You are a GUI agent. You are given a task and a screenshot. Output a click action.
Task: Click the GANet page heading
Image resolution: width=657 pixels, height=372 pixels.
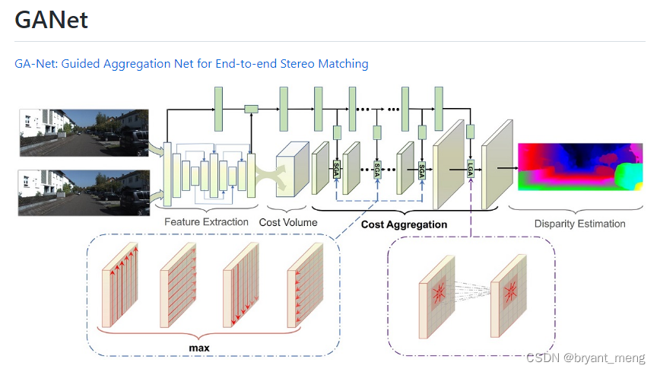[52, 21]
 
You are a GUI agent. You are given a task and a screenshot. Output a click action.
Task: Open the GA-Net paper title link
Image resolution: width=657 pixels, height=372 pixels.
[192, 64]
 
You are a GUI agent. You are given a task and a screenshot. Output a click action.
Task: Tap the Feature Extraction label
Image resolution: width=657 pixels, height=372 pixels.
[206, 222]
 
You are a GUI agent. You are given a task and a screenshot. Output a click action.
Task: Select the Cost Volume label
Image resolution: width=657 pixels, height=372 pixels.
[288, 222]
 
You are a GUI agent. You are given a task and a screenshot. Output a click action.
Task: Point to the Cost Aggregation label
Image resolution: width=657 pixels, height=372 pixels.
[404, 224]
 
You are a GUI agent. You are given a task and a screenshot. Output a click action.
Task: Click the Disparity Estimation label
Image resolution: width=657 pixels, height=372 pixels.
[579, 224]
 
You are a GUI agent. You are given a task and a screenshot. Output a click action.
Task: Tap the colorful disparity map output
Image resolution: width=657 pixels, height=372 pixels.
[579, 167]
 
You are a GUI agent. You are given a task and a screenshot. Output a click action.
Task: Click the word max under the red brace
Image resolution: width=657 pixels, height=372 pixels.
[198, 348]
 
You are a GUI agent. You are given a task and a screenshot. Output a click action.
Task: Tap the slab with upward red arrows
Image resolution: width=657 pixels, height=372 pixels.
[121, 286]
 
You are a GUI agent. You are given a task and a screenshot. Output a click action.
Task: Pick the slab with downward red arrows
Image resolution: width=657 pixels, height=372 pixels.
[242, 286]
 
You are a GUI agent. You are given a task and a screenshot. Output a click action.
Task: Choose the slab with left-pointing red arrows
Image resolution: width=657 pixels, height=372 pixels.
[304, 286]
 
